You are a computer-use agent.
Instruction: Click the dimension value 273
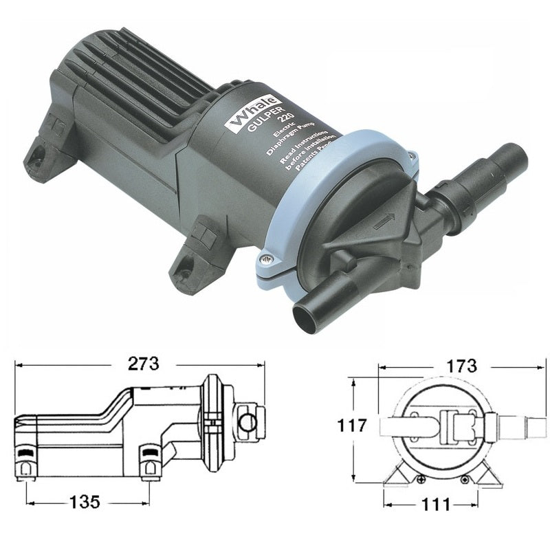click(x=143, y=363)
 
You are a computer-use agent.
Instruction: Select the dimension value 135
click(x=85, y=503)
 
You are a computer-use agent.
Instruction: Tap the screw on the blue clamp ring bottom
click(x=266, y=259)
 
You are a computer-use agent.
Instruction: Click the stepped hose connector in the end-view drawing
click(x=519, y=426)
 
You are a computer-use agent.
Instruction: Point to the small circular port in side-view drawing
click(x=249, y=421)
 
